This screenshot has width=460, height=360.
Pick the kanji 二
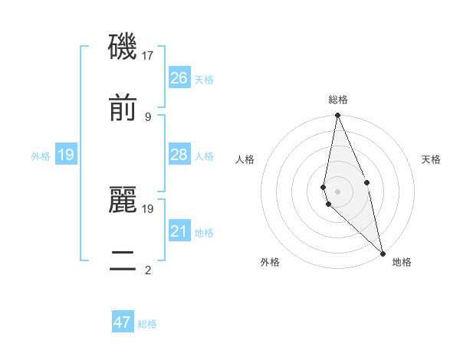(123, 260)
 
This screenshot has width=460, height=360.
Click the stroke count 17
(148, 56)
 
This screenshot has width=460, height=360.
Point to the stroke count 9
(148, 116)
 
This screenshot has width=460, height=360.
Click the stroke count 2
(148, 270)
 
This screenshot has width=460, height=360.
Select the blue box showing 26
(179, 78)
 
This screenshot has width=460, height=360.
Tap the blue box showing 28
(179, 155)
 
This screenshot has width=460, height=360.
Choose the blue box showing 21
(179, 231)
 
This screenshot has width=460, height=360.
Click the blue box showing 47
(123, 322)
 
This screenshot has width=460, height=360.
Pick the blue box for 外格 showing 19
(66, 155)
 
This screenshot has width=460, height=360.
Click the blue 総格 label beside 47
(147, 324)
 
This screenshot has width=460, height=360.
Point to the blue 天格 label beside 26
(204, 80)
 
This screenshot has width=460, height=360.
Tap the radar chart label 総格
(338, 100)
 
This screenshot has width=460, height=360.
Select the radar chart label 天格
(432, 159)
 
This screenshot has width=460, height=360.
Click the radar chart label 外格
(270, 262)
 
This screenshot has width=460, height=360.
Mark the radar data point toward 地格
(383, 254)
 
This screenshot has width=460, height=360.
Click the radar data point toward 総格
(337, 116)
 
